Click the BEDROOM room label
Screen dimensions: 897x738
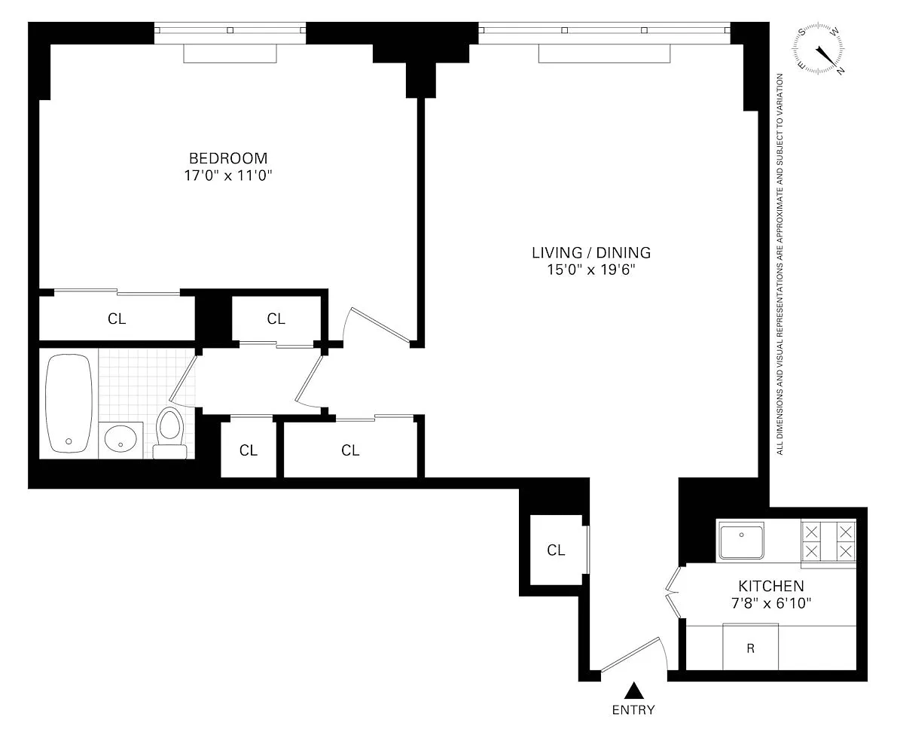coord(228,158)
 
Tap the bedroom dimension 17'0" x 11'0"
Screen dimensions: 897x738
coord(227,175)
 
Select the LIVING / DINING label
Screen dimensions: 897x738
coord(591,252)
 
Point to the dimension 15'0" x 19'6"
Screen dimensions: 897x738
coord(591,270)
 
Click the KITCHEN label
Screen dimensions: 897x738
coord(771,586)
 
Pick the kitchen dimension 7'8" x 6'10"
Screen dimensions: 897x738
coord(771,603)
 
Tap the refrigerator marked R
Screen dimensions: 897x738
coord(751,647)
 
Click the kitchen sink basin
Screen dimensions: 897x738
coord(741,541)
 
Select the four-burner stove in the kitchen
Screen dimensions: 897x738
coord(828,542)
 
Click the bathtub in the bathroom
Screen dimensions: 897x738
coord(69,404)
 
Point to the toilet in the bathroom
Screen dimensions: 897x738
coord(170,433)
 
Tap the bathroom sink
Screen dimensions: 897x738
coord(121,441)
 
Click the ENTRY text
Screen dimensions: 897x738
coord(633,710)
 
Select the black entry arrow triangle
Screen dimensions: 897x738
coord(633,691)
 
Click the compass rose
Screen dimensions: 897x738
coord(819,50)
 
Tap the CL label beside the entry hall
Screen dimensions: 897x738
coord(556,550)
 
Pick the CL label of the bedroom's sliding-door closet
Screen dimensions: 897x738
coord(117,319)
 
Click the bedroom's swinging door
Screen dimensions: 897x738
coord(380,327)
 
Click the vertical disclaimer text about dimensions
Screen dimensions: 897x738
coord(780,264)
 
